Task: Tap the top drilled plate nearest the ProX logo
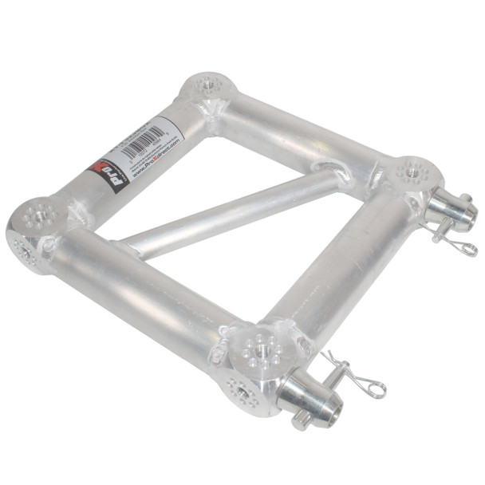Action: click(38, 214)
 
